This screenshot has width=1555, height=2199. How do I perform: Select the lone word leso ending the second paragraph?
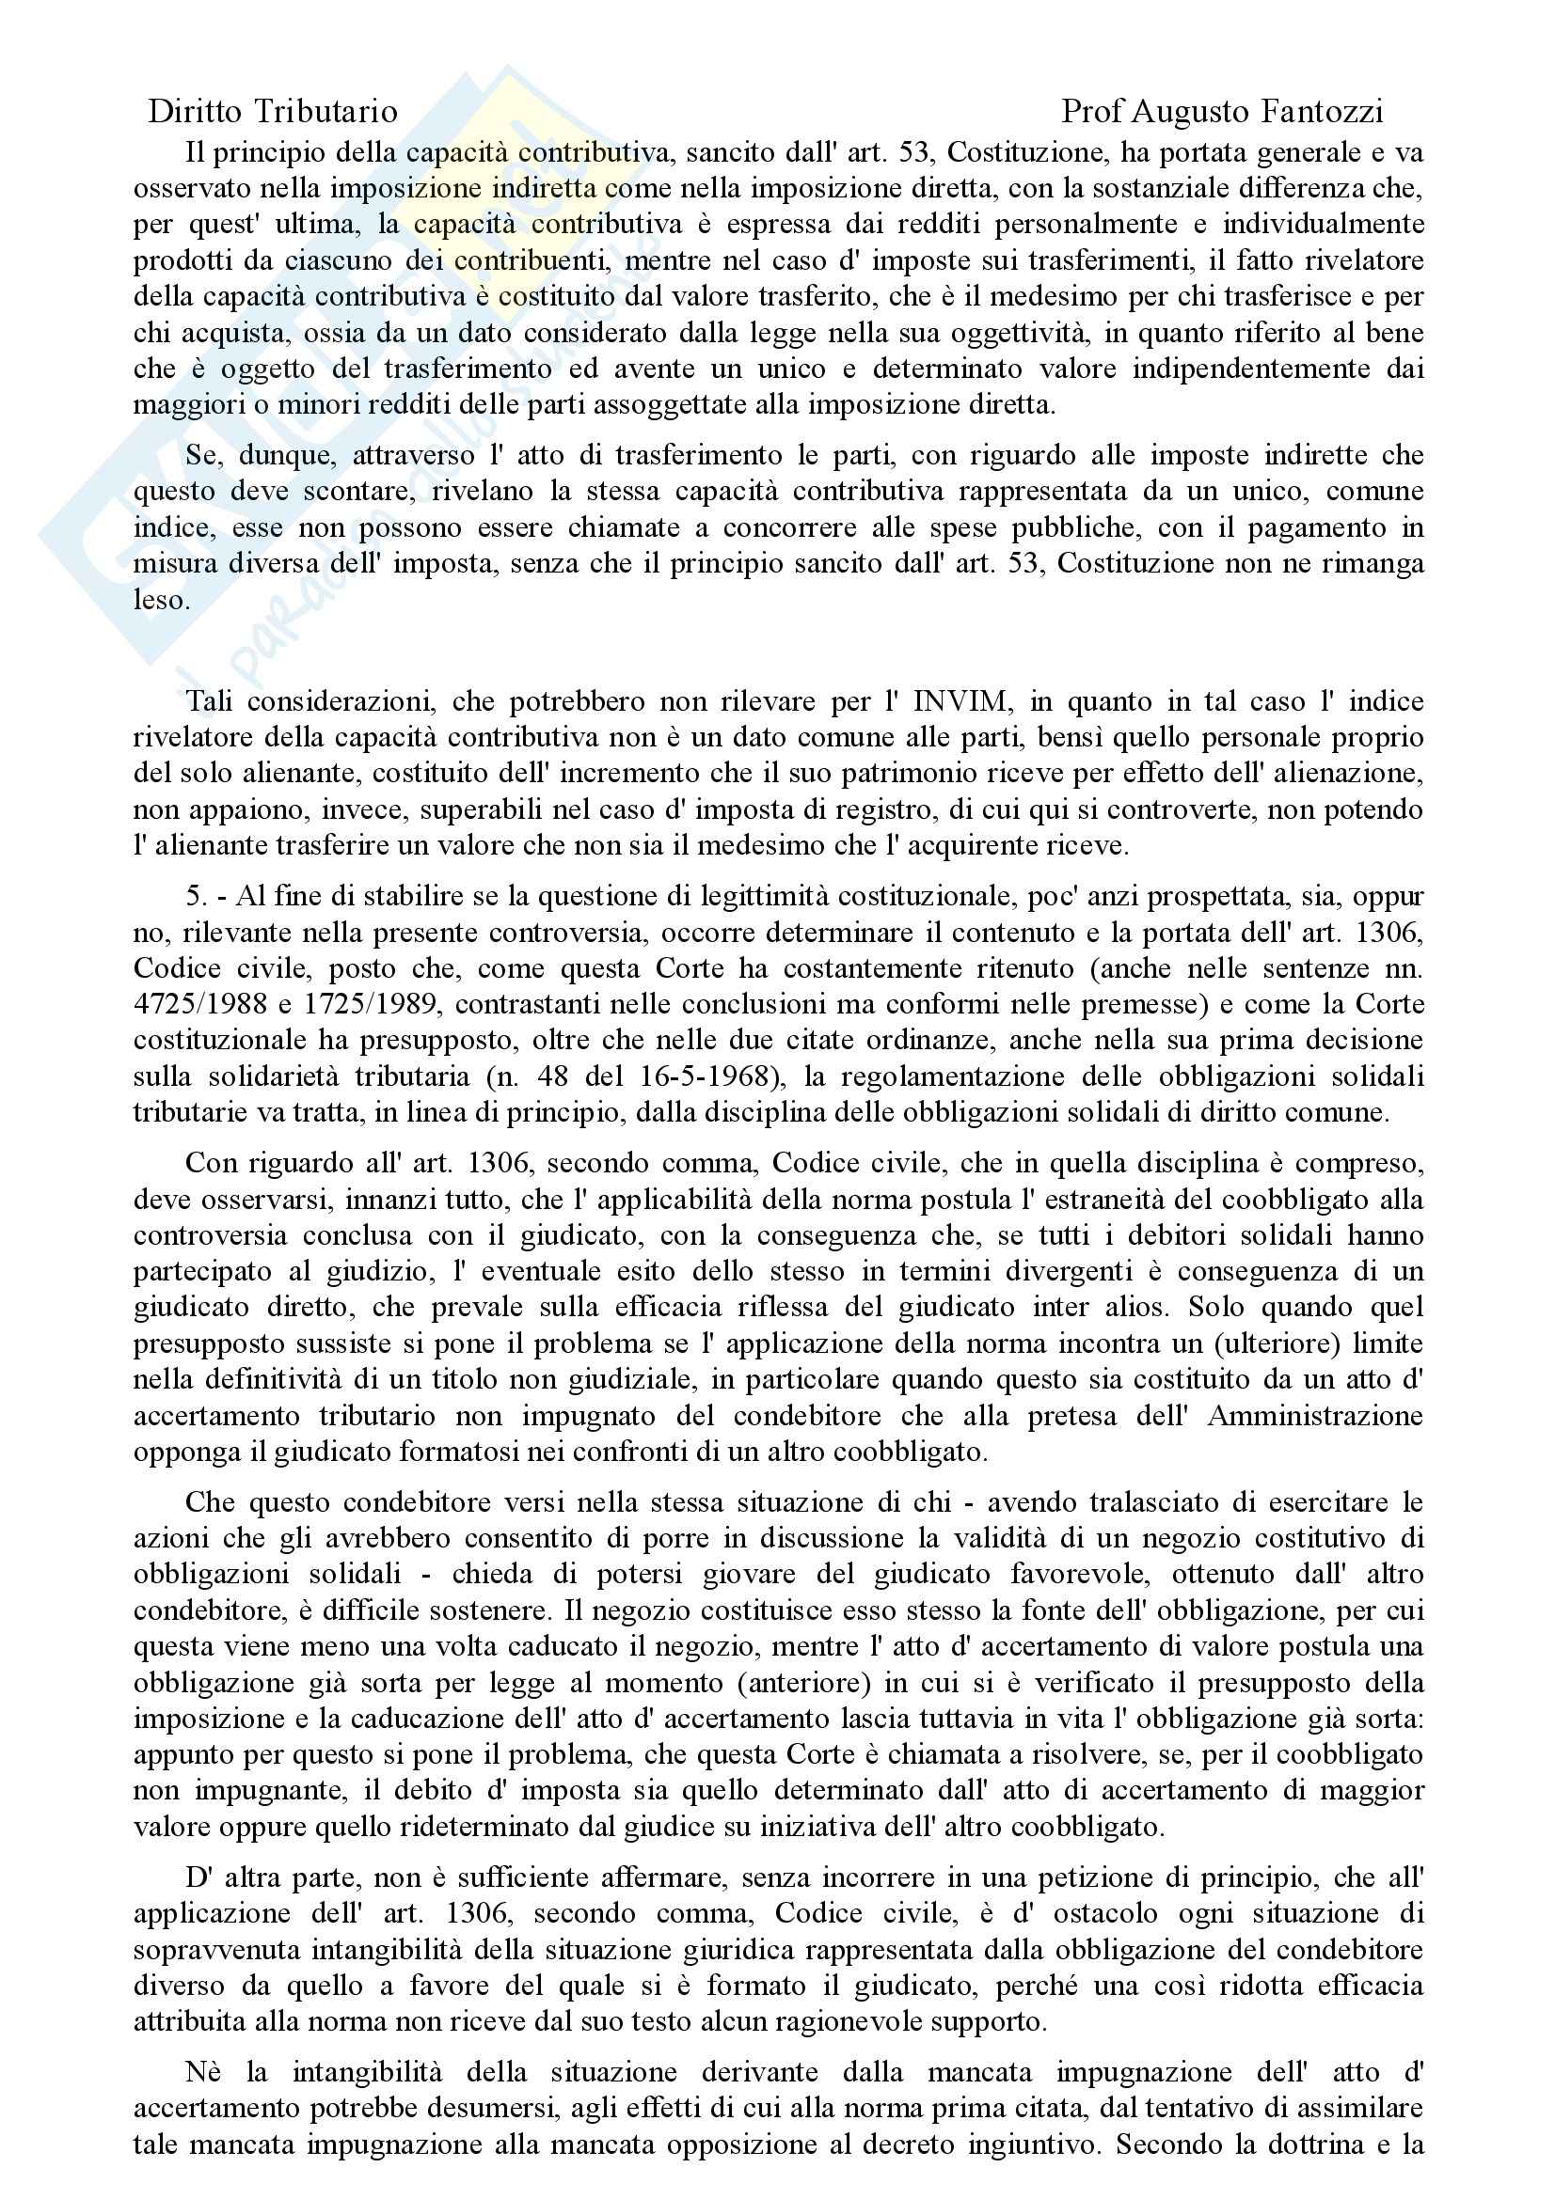tap(159, 600)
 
